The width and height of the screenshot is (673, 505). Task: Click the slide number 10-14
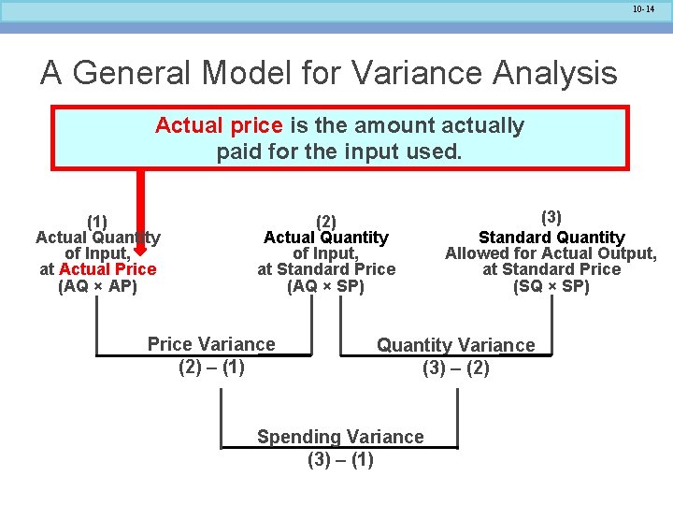coord(643,8)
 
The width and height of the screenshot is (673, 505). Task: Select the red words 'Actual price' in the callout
coord(219,125)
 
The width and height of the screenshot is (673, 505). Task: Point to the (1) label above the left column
coord(97,222)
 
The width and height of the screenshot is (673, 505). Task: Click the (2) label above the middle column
coord(326,222)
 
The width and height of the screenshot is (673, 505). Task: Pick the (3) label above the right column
coord(551,217)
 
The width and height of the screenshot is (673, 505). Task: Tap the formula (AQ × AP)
coord(97,286)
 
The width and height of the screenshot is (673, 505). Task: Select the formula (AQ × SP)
coord(326,286)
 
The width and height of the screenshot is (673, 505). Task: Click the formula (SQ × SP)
coord(551,286)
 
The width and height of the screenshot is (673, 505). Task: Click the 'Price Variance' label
coord(211,344)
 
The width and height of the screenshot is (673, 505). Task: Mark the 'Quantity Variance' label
coord(456,345)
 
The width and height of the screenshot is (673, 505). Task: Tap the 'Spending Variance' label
coord(340,437)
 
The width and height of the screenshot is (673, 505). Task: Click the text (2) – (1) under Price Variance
coord(211,367)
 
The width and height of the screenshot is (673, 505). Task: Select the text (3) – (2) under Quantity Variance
coord(456,368)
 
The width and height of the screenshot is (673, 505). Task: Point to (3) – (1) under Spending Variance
coord(340,459)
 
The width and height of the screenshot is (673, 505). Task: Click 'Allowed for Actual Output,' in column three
coord(551,253)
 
